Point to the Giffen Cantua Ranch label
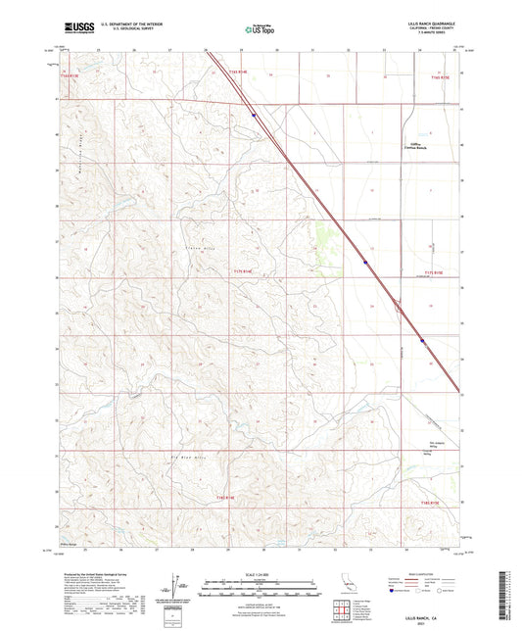pyautogui.click(x=419, y=143)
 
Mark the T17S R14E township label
pyautogui.click(x=243, y=271)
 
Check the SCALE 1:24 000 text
pyautogui.click(x=261, y=575)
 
